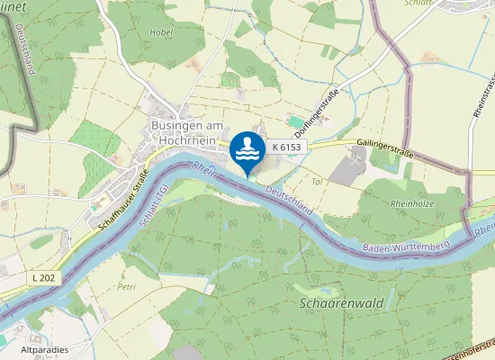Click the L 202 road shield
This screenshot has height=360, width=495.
(x=48, y=278)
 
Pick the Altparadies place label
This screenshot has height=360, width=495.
(x=44, y=348)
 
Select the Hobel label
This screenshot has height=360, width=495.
(x=162, y=31)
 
